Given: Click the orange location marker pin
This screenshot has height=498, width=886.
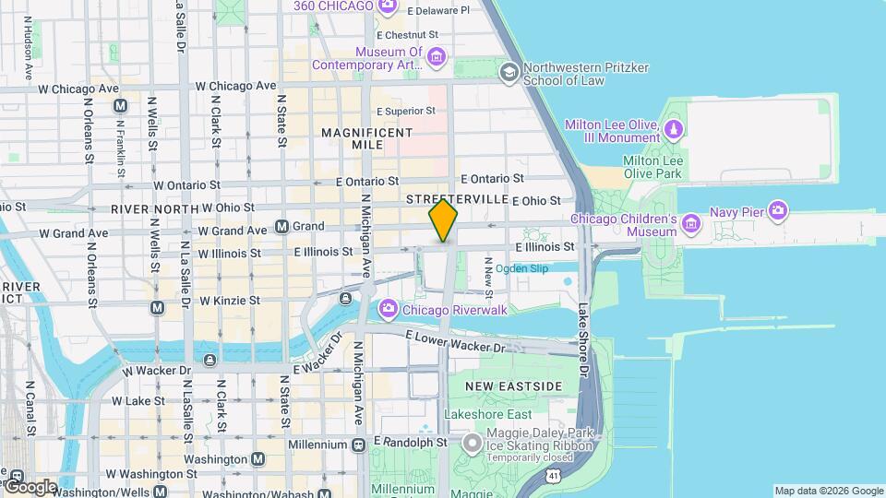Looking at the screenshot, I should tap(443, 220).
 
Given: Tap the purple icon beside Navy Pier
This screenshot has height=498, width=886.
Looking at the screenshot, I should tap(777, 212).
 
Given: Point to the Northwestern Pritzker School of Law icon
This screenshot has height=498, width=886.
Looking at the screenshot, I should tap(508, 72).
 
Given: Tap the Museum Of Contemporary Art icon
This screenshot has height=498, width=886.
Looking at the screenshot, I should tap(437, 59).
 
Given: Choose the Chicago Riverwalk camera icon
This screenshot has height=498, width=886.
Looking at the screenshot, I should tap(388, 309).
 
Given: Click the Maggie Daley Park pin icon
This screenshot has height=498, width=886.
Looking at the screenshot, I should tap(473, 445).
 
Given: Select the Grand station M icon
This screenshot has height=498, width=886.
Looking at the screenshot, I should tap(281, 226).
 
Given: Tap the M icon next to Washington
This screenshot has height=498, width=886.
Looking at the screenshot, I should tap(257, 459).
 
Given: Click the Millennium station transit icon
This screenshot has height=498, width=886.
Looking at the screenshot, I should tap(358, 444).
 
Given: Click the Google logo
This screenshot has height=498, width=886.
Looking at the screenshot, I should tap(30, 486).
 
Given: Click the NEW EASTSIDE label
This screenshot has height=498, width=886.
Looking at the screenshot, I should tap(513, 385).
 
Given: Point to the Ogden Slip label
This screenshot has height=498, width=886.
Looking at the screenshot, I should tap(521, 268).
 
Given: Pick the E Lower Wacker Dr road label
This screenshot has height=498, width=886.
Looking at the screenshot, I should tap(456, 342).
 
